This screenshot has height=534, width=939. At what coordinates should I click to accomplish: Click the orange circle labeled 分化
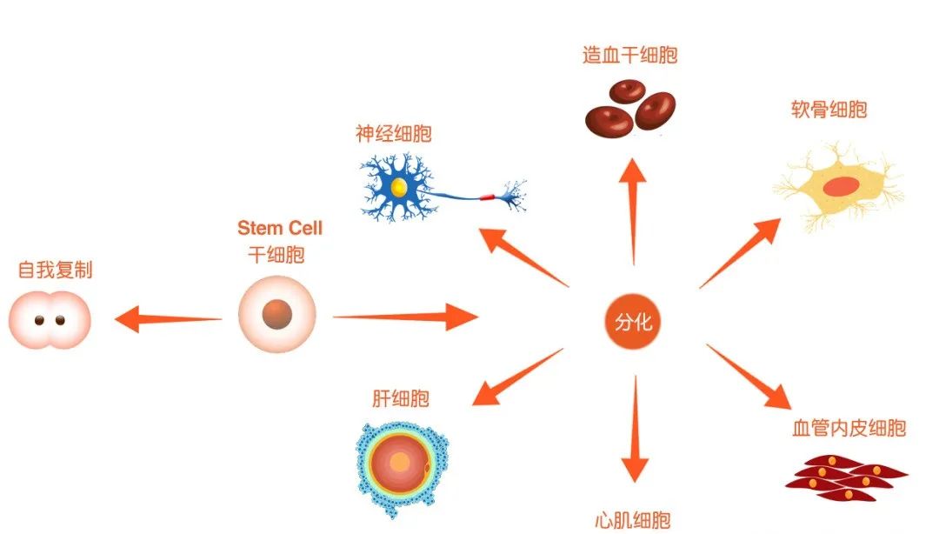(x=633, y=323)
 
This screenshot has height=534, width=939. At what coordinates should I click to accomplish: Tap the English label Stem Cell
(x=280, y=229)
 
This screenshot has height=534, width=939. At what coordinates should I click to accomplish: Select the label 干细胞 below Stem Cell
(x=276, y=255)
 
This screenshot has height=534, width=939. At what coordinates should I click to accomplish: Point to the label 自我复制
(x=55, y=270)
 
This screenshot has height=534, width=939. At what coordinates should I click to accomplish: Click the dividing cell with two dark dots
(x=50, y=320)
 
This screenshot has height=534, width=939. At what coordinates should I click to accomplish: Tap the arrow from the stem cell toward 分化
(x=405, y=317)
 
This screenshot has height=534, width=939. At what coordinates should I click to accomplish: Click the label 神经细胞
(x=393, y=134)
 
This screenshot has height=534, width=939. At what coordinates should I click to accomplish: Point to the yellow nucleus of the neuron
(x=399, y=187)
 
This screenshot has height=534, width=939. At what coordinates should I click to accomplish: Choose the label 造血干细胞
(x=629, y=56)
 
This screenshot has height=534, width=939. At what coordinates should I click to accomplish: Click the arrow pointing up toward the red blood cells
(x=632, y=209)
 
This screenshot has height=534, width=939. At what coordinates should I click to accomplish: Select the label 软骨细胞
(x=829, y=110)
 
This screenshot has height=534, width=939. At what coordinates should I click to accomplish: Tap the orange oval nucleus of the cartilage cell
(x=840, y=185)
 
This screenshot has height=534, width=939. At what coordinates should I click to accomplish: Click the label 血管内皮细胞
(x=849, y=428)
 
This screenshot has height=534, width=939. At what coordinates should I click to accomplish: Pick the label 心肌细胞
(x=633, y=521)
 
